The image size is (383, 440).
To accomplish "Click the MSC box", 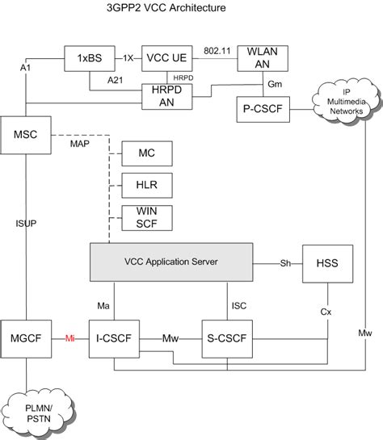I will [23, 132].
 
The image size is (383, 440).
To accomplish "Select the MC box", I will [142, 152].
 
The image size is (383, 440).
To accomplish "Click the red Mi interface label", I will [69, 339].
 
